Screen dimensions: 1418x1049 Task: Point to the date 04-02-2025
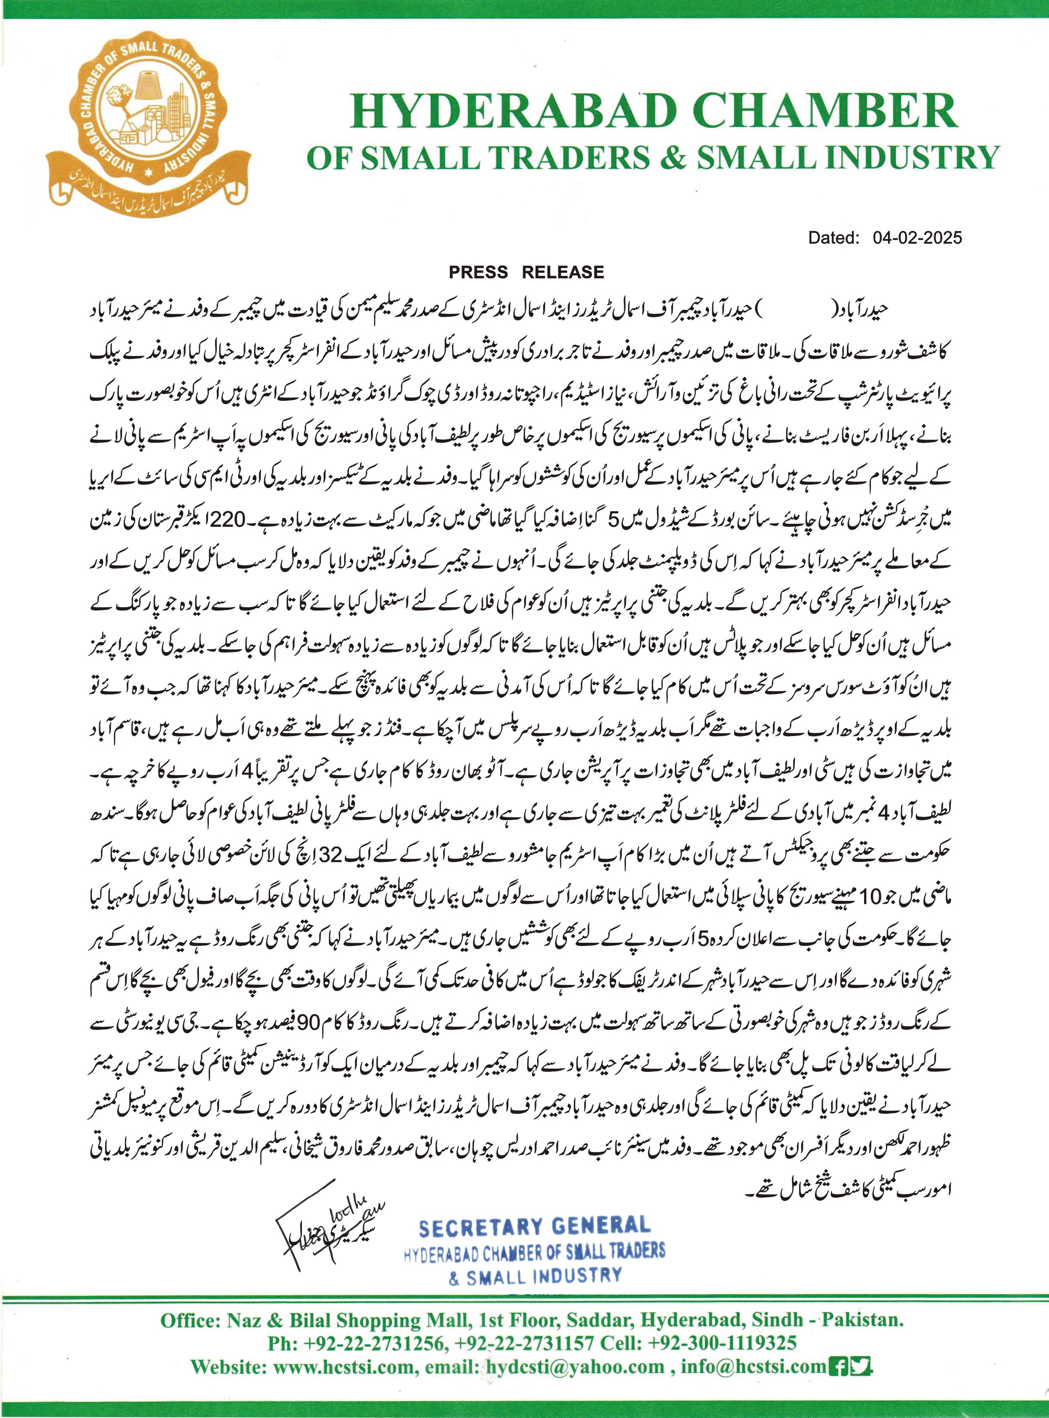[x=917, y=238]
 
